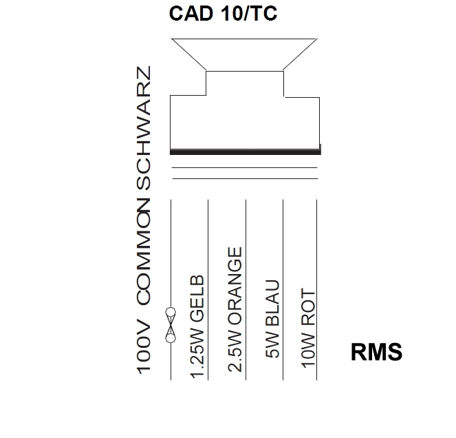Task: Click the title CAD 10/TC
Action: (x=224, y=14)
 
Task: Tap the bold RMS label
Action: (x=376, y=352)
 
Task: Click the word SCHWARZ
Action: (x=145, y=129)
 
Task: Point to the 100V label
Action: (x=145, y=346)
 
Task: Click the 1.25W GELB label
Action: (x=197, y=326)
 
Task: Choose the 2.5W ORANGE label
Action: (x=236, y=309)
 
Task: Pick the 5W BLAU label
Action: (x=272, y=320)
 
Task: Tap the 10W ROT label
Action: (x=308, y=326)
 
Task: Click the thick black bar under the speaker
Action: (x=245, y=152)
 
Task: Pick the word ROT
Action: (x=308, y=306)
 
